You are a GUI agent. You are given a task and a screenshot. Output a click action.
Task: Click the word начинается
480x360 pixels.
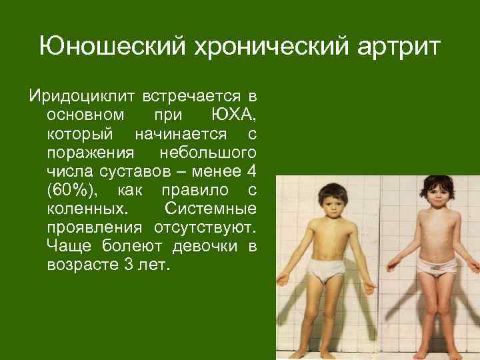coord(177,133)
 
